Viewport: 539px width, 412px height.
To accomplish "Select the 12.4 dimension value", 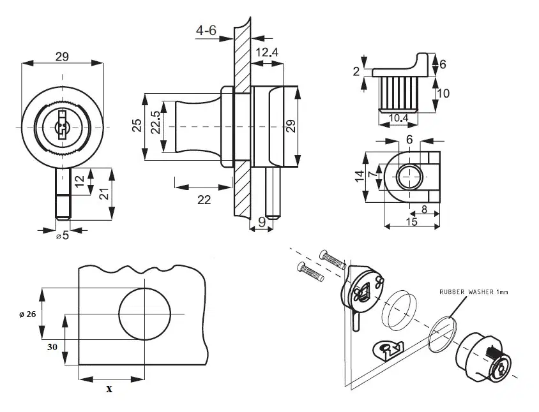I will pyautogui.click(x=266, y=52).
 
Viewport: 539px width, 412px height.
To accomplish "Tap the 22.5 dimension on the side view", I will pyautogui.click(x=155, y=122).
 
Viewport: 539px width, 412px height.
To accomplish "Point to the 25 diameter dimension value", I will pyautogui.click(x=137, y=126).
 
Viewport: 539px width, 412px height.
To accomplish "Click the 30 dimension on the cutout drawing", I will pyautogui.click(x=54, y=348).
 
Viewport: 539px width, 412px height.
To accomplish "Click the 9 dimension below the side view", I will pyautogui.click(x=261, y=223).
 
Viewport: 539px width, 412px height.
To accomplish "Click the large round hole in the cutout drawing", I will pyautogui.click(x=145, y=314).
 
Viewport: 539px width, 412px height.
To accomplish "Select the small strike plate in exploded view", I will pyautogui.click(x=389, y=348).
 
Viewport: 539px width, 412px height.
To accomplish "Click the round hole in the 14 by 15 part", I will pyautogui.click(x=408, y=175).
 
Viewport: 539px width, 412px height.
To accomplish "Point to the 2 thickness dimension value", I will pyautogui.click(x=356, y=71).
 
